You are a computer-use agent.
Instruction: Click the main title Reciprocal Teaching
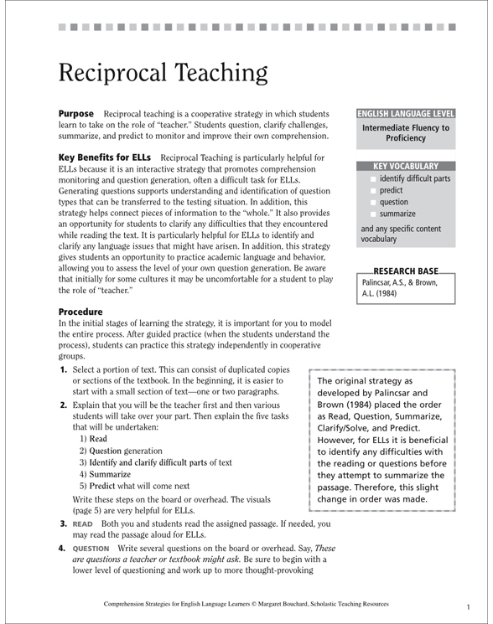[163, 74]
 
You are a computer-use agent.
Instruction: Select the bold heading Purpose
[75, 112]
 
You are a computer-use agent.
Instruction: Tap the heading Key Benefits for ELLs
[105, 157]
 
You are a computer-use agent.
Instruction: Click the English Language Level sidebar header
[407, 112]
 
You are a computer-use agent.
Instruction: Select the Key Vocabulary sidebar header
[406, 166]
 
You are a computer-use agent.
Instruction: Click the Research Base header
[406, 272]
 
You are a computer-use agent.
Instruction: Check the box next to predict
[373, 191]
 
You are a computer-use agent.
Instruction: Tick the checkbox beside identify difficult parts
[373, 179]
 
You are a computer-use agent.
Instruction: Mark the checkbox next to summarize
[373, 214]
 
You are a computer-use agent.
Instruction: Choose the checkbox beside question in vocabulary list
[373, 203]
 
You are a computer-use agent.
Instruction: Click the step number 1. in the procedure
[64, 369]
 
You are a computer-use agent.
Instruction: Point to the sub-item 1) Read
[93, 438]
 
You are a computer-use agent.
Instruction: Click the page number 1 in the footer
[468, 605]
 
